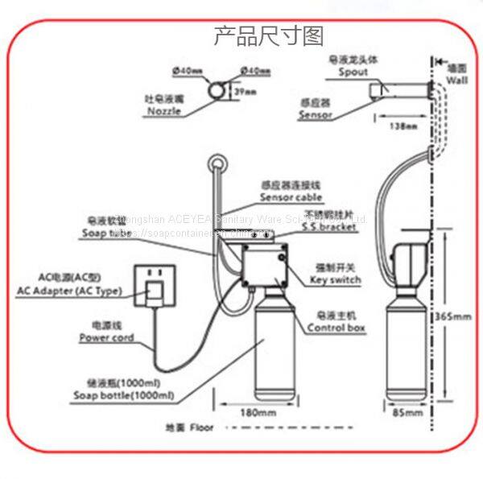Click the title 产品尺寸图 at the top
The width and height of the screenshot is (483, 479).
pos(268,36)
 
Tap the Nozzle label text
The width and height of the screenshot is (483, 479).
pos(164,112)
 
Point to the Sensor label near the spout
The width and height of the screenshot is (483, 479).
pos(316,114)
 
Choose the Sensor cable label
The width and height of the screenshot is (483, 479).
pos(291,196)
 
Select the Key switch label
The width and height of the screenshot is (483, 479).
pos(335,279)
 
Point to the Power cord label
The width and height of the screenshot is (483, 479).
pos(106,338)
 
